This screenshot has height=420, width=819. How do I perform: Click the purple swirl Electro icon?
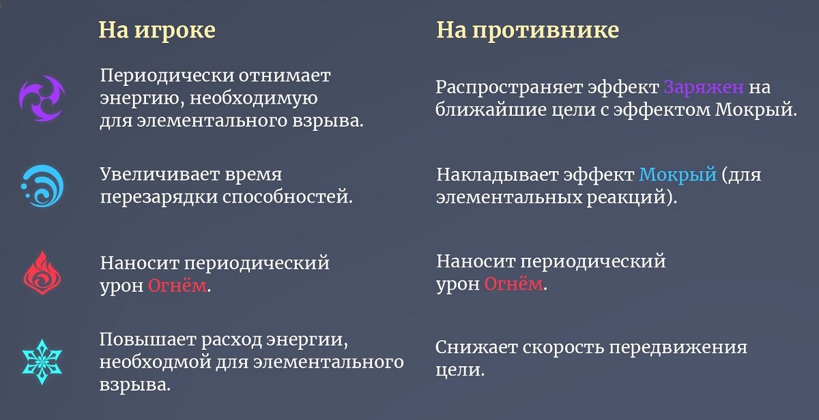(42, 97)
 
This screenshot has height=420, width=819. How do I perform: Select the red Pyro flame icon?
(42, 273)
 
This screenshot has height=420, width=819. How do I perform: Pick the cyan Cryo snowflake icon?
(42, 361)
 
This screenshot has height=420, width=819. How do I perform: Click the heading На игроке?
(157, 30)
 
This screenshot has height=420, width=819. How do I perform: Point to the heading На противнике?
(528, 30)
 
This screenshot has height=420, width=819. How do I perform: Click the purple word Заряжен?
(703, 88)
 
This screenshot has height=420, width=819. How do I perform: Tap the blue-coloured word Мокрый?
(678, 175)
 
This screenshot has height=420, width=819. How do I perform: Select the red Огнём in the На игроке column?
(177, 286)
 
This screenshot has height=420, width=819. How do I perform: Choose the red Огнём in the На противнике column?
(513, 284)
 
